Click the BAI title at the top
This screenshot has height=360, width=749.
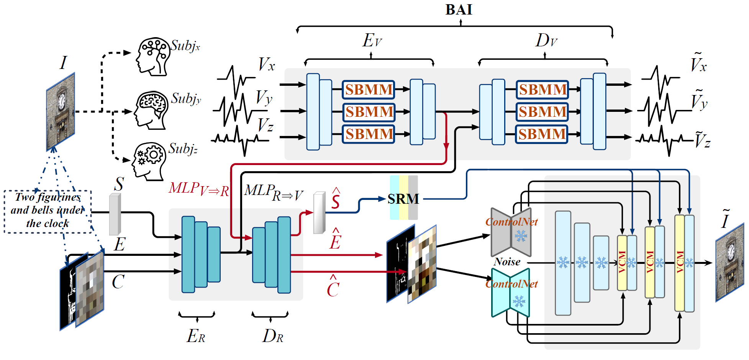[x=459, y=10]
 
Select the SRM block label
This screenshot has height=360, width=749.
[x=403, y=199]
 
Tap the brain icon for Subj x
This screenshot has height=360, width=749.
[x=153, y=56]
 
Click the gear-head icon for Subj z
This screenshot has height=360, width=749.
[x=149, y=161]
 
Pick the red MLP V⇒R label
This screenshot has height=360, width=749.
[x=199, y=189]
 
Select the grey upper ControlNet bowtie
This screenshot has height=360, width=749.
[x=511, y=232]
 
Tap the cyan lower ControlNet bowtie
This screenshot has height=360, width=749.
[x=510, y=293]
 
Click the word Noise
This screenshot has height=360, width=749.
[x=507, y=262]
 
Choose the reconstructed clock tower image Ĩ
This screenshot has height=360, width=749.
[x=729, y=262]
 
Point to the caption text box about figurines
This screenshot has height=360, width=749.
[x=48, y=211]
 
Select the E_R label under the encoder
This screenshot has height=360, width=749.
[x=196, y=336]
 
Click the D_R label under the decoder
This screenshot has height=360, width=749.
[x=273, y=336]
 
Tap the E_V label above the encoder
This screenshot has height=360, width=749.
[x=372, y=40]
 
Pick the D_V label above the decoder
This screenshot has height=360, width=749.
[x=546, y=40]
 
